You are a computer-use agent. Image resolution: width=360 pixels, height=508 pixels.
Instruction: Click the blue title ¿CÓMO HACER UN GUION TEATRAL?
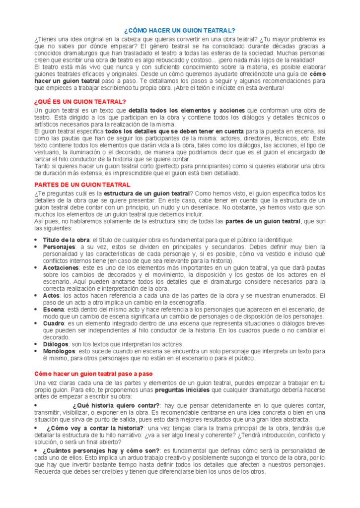pos(179,30)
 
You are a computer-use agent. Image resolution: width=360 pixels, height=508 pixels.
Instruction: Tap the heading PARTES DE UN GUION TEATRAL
pos(75,185)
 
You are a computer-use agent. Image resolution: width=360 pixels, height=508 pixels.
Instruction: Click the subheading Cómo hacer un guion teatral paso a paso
pos(93,374)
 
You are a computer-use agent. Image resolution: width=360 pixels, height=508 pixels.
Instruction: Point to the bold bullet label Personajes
pos(59,247)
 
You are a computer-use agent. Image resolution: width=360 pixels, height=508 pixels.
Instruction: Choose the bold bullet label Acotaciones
pos(61,267)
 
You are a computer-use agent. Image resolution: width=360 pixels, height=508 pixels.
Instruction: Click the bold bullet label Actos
pos(52,295)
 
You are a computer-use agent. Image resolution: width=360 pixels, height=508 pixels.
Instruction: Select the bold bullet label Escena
pos(54,309)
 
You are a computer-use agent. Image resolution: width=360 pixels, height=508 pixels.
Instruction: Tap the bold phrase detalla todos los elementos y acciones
pos(187,110)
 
